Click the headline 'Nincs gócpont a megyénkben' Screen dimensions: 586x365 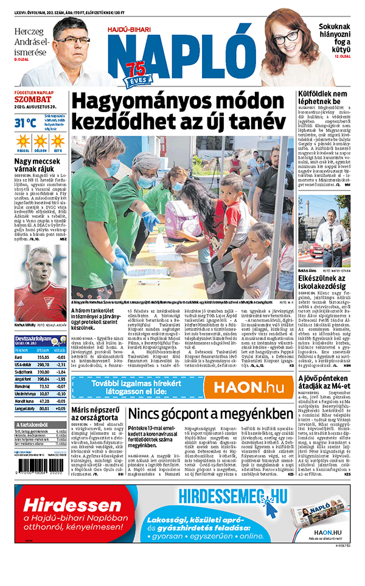point(210,414)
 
